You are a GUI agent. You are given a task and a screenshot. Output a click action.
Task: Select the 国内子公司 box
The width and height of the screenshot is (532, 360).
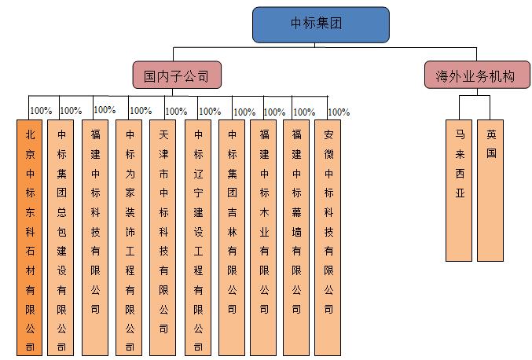(176, 76)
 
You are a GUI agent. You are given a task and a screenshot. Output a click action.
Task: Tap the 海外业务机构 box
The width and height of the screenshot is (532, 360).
(475, 76)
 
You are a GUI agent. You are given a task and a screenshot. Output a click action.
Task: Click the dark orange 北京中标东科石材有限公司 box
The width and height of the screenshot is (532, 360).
(30, 237)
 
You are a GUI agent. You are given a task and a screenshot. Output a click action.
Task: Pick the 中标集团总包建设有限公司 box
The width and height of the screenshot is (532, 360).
(61, 237)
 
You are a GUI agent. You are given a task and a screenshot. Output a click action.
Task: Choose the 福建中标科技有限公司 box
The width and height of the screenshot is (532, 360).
(95, 237)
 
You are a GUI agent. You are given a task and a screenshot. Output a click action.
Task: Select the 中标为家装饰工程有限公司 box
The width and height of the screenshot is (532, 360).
(130, 237)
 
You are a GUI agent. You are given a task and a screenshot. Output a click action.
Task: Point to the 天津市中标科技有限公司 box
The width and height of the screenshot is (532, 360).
(163, 237)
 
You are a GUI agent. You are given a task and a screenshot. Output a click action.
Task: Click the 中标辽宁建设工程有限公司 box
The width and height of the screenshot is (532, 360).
(198, 237)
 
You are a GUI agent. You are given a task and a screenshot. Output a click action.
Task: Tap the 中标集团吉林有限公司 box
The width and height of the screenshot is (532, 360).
(232, 237)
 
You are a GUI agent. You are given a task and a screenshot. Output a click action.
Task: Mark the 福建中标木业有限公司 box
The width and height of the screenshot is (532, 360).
(264, 237)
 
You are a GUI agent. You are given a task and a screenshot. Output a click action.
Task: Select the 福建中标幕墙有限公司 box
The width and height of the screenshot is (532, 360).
(296, 237)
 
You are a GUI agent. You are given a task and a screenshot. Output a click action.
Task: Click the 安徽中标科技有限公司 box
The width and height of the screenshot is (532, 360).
(328, 237)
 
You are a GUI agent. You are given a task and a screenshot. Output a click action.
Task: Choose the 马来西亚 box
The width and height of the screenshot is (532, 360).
(460, 189)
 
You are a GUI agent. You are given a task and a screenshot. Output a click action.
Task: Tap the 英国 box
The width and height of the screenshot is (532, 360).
(490, 189)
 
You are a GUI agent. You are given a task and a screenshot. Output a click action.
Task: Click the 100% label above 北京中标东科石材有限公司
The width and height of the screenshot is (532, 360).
(40, 111)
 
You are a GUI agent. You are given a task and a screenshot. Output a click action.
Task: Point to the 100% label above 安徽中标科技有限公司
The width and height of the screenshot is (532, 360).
(339, 112)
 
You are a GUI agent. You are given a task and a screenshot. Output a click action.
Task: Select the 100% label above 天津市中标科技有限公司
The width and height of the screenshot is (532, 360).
(175, 112)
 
